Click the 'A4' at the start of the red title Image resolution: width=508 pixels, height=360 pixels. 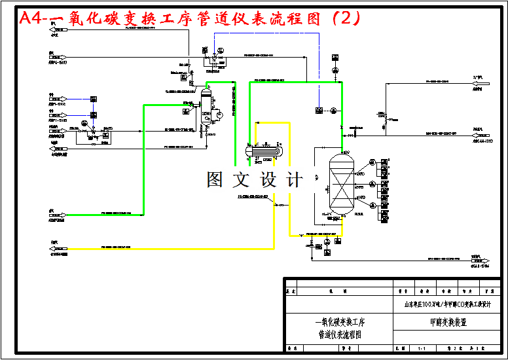[29, 18]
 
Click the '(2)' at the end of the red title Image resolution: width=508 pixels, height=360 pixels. [346, 18]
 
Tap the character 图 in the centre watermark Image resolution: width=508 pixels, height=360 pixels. [217, 179]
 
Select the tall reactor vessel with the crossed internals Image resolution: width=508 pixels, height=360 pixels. [341, 183]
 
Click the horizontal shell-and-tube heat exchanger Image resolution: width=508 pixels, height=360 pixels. [265, 151]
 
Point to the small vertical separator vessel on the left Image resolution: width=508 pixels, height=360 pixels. [206, 105]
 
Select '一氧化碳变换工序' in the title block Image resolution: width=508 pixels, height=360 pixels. [340, 323]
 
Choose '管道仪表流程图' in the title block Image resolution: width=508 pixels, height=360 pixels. [340, 334]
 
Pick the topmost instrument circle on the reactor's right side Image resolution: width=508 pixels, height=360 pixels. [372, 162]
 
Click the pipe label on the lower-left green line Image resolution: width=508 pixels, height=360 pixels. [116, 213]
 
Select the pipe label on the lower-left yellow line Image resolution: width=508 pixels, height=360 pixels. [116, 247]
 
